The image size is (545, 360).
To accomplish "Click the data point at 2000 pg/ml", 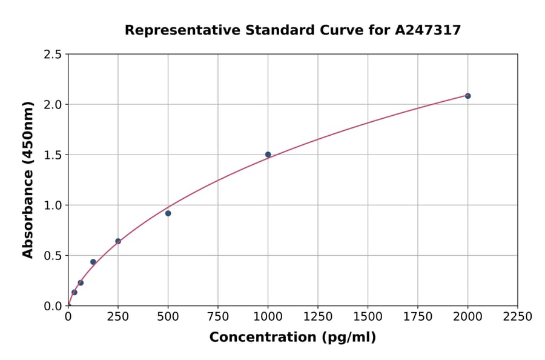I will [x=467, y=96].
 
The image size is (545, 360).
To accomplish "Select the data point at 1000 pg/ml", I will [x=268, y=155].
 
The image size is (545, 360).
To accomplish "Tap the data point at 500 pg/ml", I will [x=168, y=213].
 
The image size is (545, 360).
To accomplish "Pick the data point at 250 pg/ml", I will [x=118, y=241].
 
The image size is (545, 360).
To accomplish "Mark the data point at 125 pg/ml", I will [x=93, y=262].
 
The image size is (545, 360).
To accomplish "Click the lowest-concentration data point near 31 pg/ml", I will [x=74, y=292].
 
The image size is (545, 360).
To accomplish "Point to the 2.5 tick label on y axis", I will [x=53, y=55].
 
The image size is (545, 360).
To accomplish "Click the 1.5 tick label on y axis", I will [x=53, y=155].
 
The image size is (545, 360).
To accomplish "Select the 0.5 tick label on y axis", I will [x=53, y=256].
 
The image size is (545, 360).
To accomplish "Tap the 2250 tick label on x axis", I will [x=517, y=317].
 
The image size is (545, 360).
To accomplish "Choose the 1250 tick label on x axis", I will [x=317, y=317].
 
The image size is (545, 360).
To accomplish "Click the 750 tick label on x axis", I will [x=217, y=317].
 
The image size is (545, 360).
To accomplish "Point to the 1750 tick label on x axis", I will [x=417, y=317].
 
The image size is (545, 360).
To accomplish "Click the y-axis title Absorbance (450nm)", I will [x=28, y=179].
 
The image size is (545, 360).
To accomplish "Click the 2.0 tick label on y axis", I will [x=53, y=105].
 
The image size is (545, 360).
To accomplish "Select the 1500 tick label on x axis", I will [x=368, y=317].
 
